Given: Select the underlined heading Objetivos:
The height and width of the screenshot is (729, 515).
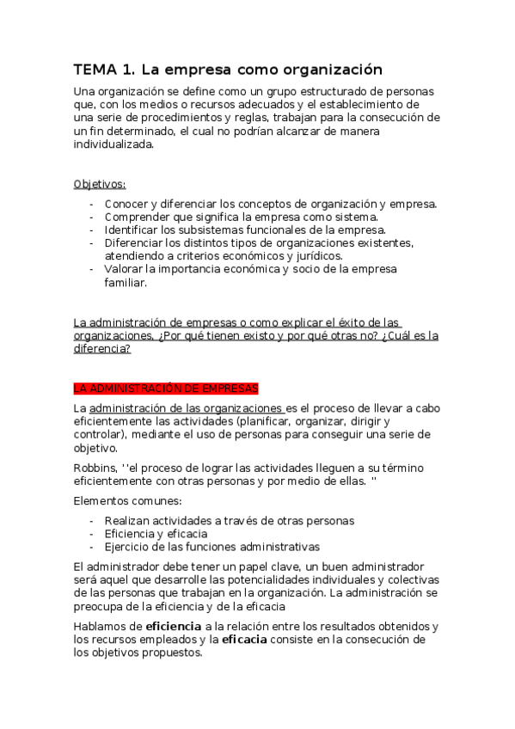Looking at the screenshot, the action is pos(100,184).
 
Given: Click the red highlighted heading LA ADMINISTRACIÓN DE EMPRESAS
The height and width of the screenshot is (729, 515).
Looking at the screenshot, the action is pos(166,389).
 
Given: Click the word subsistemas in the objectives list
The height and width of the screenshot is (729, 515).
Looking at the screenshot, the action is pos(193,230).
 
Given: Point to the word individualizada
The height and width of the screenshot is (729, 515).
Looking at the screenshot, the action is pos(113,144).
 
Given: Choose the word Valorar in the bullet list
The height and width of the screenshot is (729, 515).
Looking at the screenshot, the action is pos(124,269).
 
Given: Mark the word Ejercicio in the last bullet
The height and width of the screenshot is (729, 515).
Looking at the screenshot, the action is pos(130,547).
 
